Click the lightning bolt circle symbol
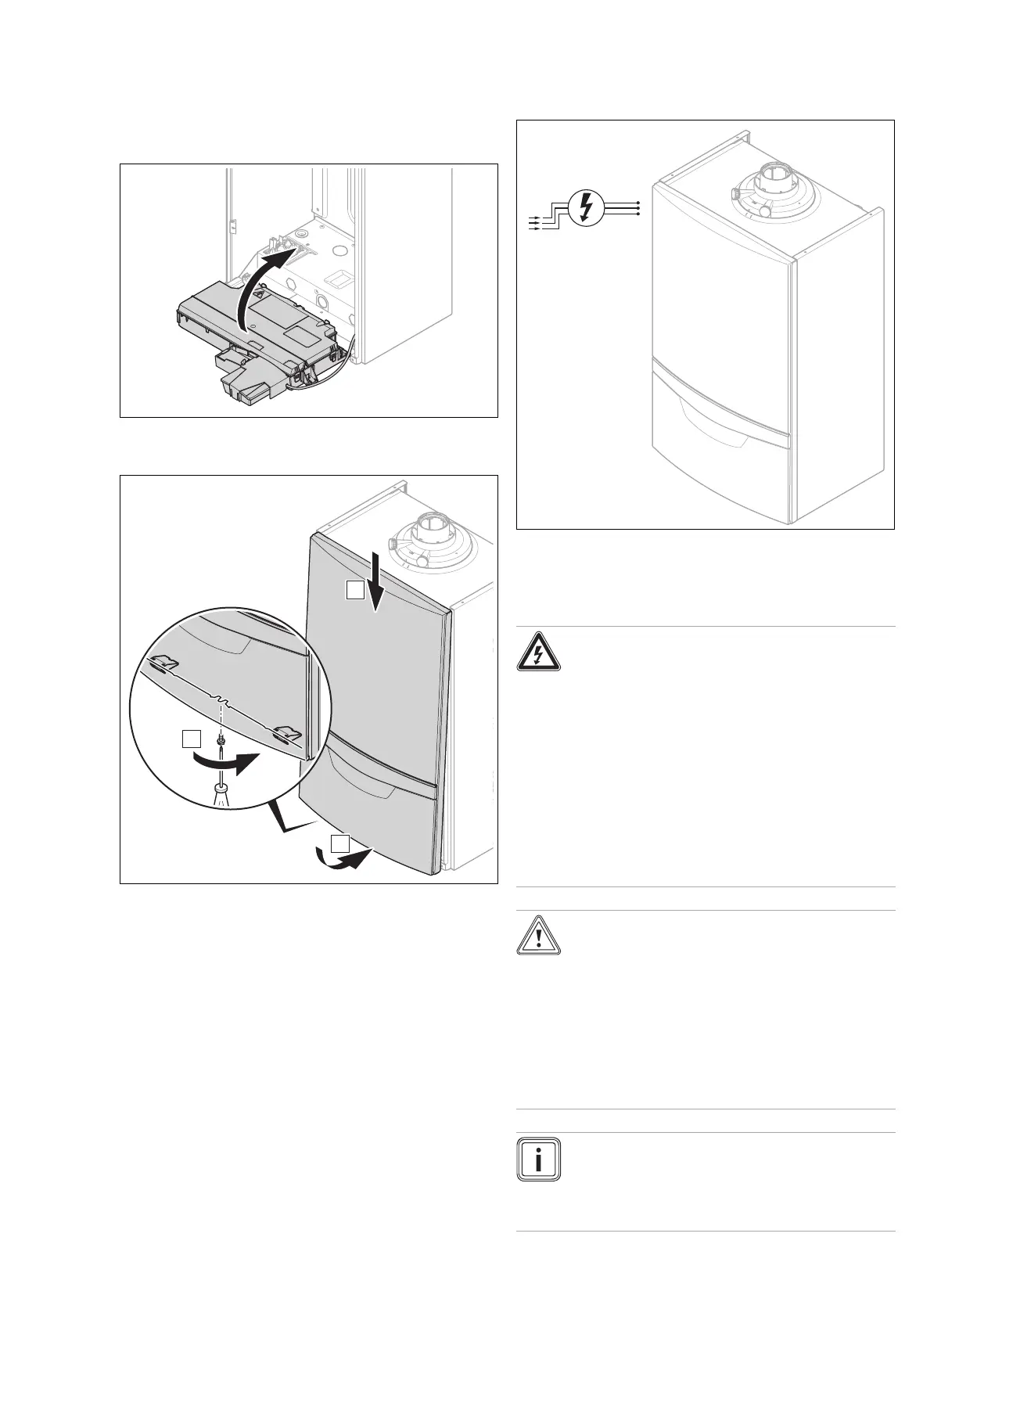[584, 208]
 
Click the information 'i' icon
[538, 1159]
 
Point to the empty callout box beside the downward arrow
[356, 591]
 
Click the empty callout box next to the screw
[190, 738]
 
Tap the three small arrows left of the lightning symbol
[535, 222]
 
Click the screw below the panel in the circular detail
[222, 737]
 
